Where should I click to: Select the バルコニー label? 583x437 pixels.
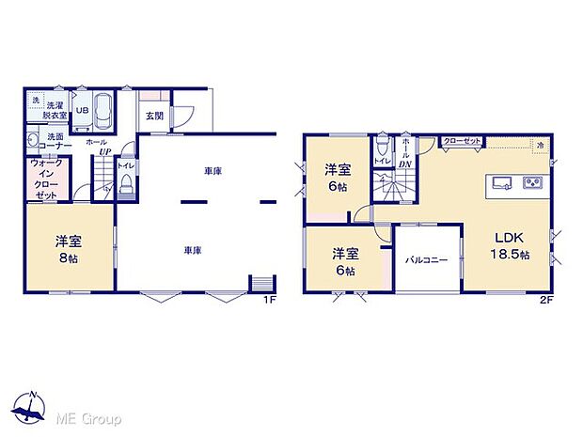[x=426, y=258]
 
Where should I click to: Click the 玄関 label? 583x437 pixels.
[x=154, y=117]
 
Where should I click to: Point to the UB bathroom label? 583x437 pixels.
[x=82, y=110]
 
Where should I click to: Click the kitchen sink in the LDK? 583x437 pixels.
[x=499, y=181]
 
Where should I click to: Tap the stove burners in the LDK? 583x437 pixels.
[x=534, y=181]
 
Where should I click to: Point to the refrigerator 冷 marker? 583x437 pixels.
[x=540, y=145]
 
